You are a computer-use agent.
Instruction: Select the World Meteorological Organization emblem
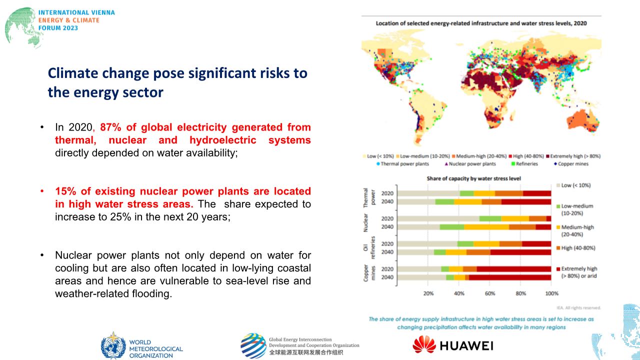pos(113,345)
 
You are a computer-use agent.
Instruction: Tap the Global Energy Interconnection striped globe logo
pos(253,345)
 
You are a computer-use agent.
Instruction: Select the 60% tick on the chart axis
pos(490,293)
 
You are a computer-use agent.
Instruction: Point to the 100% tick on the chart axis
pos(551,293)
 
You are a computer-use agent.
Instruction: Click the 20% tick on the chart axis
pos(428,293)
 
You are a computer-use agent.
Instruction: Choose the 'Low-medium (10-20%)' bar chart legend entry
pos(577,209)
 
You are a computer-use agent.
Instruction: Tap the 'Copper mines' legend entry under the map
pos(573,164)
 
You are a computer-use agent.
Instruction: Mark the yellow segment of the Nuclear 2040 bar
pos(486,227)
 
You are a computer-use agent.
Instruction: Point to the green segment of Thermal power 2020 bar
pos(467,193)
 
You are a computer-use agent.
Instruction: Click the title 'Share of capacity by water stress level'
pos(475,178)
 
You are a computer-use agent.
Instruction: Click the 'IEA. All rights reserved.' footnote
pos(578,308)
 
